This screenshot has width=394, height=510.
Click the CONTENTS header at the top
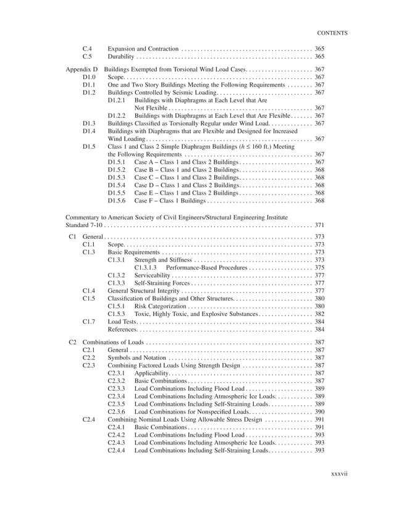[x=332, y=33]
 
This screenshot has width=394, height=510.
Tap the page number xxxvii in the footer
[x=340, y=474]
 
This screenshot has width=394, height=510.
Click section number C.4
[x=88, y=48]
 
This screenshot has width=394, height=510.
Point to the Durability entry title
[x=121, y=56]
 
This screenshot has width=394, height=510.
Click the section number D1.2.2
[x=117, y=115]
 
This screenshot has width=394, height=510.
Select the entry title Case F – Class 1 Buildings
[x=170, y=201]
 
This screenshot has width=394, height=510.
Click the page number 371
[x=320, y=225]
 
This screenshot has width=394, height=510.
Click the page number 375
[x=320, y=268]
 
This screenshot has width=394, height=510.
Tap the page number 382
[x=320, y=314]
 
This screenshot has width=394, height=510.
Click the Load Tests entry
[x=122, y=322]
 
